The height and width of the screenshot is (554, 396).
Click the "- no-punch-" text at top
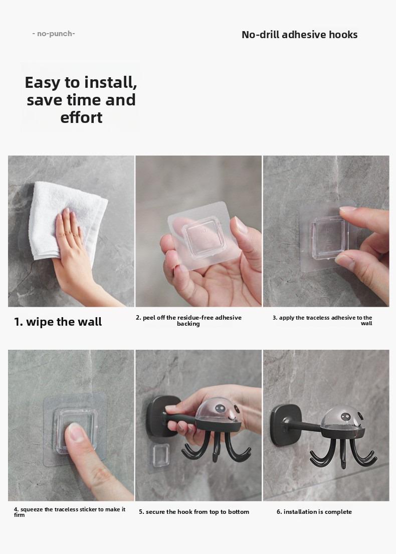pos(53,34)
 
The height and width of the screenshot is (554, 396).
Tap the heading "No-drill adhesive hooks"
pos(299,35)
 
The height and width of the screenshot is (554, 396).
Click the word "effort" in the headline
pos(81,117)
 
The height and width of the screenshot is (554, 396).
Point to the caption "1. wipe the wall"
pos(58,322)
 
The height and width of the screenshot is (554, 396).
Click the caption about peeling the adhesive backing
pos(188,320)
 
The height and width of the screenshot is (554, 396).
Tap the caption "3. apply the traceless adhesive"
pos(322,320)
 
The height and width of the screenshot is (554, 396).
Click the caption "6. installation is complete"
pos(314,512)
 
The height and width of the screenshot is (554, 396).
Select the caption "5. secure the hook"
pos(194,512)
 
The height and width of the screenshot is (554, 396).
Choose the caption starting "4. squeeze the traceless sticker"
pos(70,512)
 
